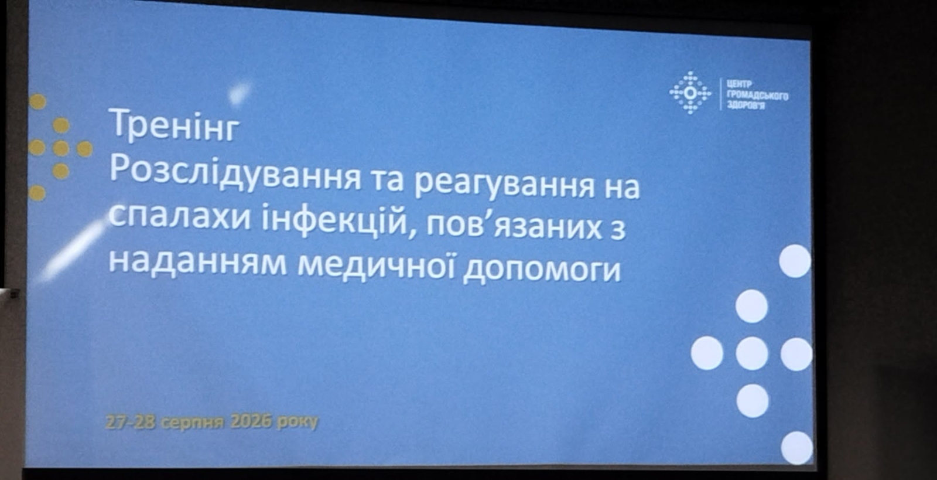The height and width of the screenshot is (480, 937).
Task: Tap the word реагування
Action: pos(506,185)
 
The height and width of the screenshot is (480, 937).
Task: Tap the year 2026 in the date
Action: pos(249,422)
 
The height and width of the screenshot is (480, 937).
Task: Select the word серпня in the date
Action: pos(191,423)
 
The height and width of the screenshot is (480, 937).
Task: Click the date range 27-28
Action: pos(131,422)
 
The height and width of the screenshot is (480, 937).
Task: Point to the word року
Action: pos(297,423)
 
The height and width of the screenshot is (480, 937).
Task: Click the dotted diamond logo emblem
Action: pos(690,93)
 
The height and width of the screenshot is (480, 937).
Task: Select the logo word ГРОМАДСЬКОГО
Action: pos(758,96)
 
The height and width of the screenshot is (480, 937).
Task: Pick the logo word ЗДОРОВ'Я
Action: pos(747,106)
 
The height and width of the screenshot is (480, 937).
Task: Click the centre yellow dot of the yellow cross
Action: pos(61,148)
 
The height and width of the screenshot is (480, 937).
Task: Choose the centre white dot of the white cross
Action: pos(752,353)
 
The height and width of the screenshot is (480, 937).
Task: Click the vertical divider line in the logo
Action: pos(721,94)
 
